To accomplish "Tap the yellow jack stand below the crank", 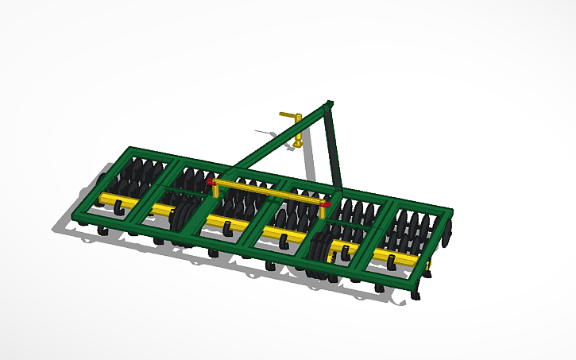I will click(x=298, y=137).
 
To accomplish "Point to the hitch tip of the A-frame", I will click(x=330, y=104).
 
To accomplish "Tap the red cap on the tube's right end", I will click(x=324, y=204).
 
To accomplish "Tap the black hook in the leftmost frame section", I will click(x=118, y=207).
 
